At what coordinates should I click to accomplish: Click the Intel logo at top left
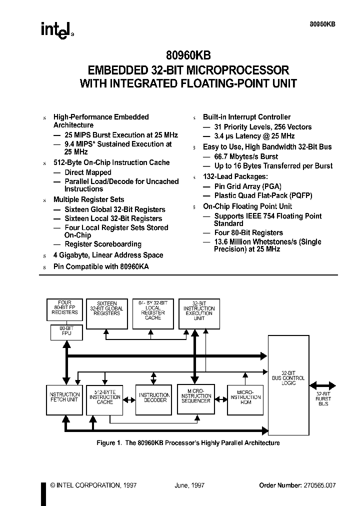pos(56,29)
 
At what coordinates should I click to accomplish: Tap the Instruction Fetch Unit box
pos(63,399)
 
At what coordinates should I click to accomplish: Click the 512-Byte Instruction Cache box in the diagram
pos(105,399)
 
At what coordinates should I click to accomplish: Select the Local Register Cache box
pos(152,313)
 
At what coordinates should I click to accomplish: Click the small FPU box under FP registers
pos(64,331)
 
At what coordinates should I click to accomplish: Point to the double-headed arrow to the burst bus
pos(323,385)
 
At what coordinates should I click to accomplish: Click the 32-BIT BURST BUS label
pos(323,398)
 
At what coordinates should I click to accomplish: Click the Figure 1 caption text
pos(187,443)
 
